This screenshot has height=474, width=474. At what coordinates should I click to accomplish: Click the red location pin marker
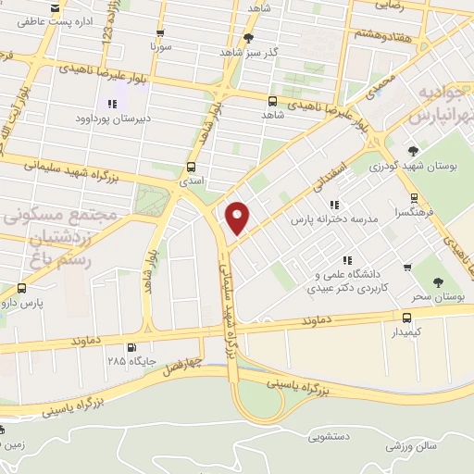point(238,216)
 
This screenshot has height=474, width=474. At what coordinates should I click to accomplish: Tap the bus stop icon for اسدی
point(191,168)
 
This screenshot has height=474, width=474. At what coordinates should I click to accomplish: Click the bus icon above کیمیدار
point(394,317)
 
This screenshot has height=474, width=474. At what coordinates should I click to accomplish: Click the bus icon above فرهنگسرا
point(414,196)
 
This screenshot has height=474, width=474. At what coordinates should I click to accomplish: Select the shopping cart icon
point(407,268)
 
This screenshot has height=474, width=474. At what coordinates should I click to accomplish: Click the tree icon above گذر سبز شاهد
point(248,38)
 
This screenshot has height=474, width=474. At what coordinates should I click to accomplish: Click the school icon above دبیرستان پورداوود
point(112,104)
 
